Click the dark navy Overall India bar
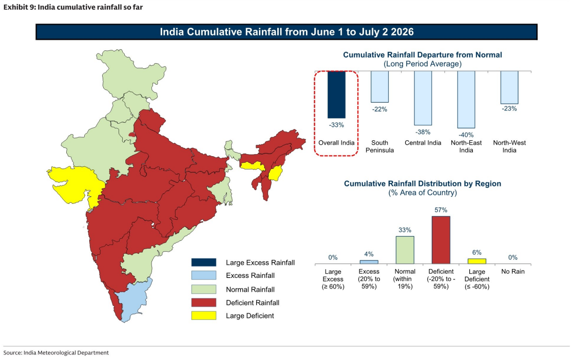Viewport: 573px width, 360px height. click(x=336, y=94)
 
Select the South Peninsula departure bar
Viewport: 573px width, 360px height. click(x=379, y=87)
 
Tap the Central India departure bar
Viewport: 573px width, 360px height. click(x=423, y=98)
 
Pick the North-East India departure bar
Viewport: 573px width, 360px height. click(x=466, y=100)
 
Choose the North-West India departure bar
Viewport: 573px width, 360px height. click(x=509, y=88)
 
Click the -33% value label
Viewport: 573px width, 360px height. click(x=336, y=125)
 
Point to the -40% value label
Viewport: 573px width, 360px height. click(x=466, y=135)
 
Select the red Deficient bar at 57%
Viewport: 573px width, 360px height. click(x=441, y=240)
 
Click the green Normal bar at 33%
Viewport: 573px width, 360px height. click(x=405, y=250)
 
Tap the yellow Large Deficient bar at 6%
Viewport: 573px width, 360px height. click(x=477, y=261)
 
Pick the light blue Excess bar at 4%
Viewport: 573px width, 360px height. click(x=369, y=262)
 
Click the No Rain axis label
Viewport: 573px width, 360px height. click(x=513, y=272)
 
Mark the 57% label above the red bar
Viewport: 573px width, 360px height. click(x=441, y=210)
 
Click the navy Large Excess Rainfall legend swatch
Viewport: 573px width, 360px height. click(x=203, y=262)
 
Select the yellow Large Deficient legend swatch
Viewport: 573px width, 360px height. click(x=203, y=315)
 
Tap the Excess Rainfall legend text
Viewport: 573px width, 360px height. click(x=251, y=276)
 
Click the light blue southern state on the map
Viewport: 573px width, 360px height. click(x=133, y=300)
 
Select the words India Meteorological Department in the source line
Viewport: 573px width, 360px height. click(x=66, y=353)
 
